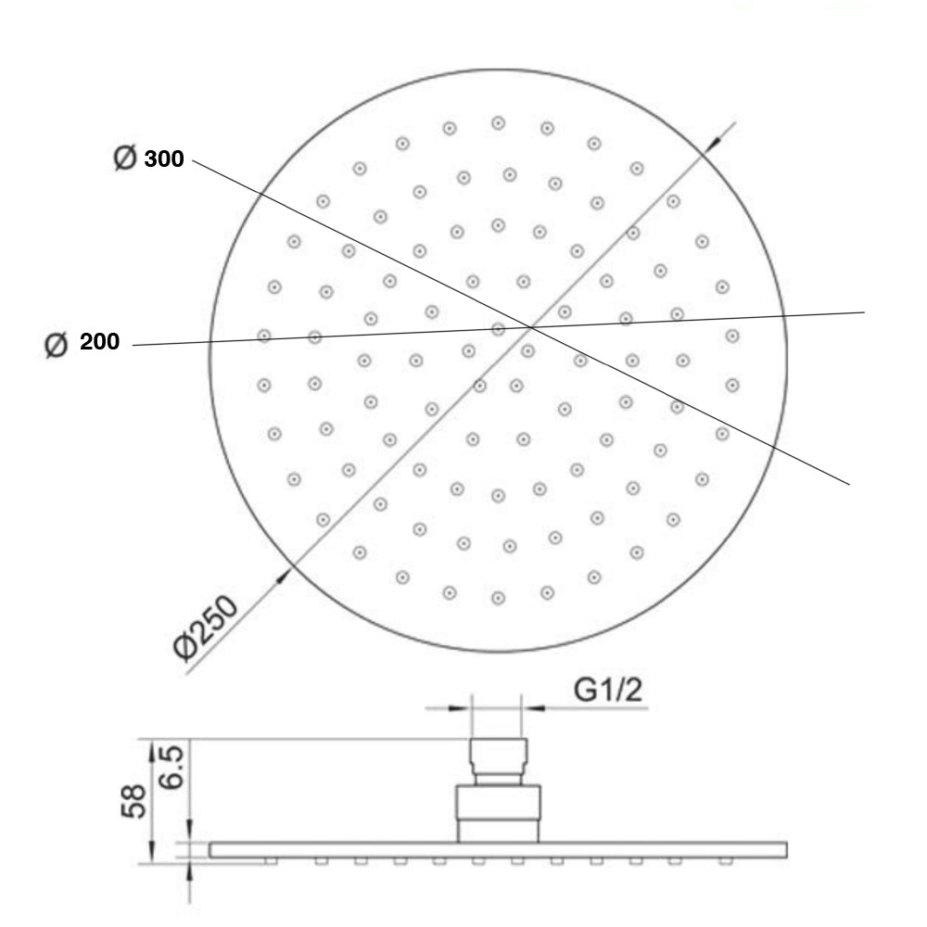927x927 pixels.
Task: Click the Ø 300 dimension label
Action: point(148,159)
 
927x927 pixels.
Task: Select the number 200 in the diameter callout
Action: point(99,342)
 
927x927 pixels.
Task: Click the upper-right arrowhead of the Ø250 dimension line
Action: point(715,145)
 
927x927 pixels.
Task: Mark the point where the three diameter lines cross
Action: point(531,326)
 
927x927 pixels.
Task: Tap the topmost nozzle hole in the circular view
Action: point(498,122)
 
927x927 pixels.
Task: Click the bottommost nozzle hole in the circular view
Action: point(498,598)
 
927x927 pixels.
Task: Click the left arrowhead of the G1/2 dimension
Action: point(464,708)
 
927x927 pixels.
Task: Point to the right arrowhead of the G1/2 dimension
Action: point(528,708)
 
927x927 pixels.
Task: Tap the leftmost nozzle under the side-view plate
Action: point(271,861)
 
